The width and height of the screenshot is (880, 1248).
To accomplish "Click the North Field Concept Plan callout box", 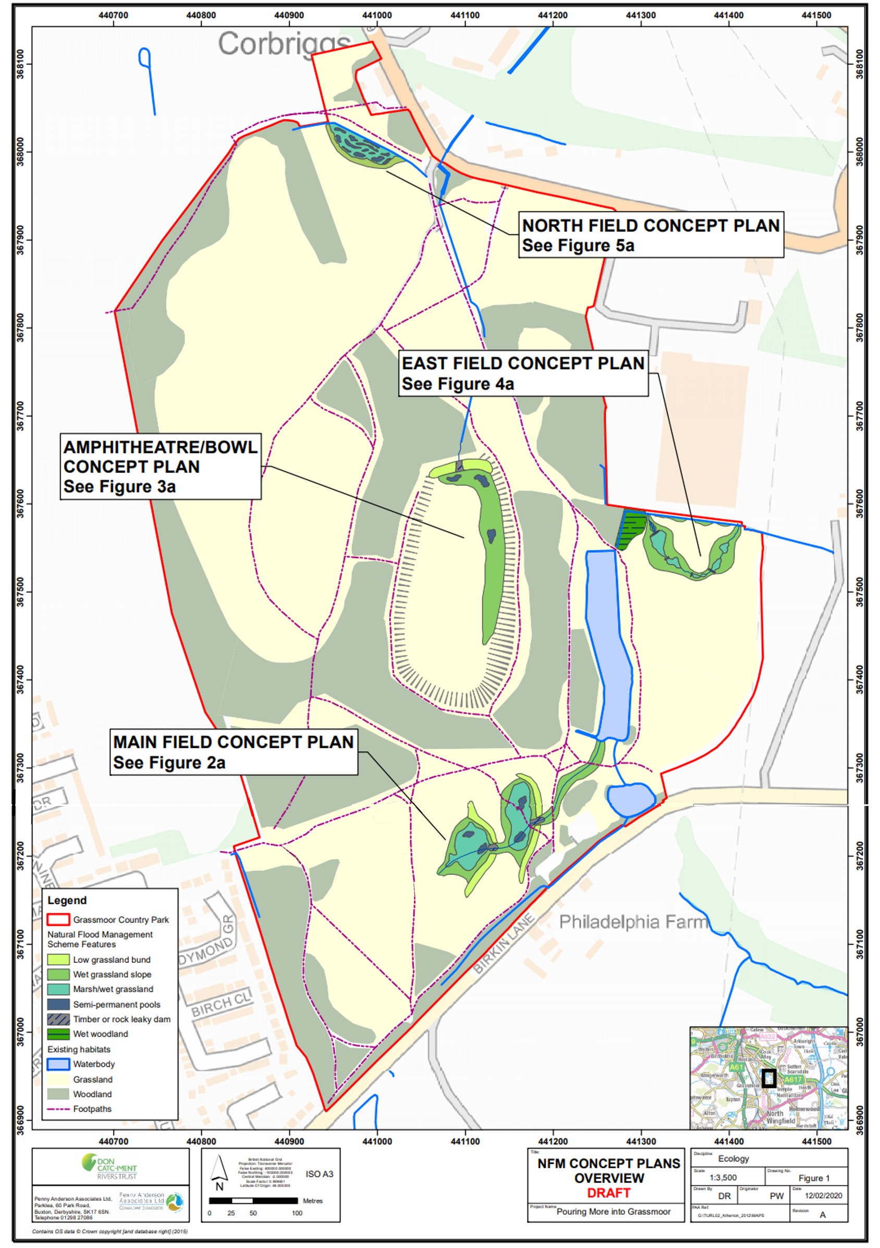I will click(650, 235).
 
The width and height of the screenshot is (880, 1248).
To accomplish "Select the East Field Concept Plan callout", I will click(523, 373).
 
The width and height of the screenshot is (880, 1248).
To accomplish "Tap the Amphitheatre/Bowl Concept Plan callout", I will click(161, 467).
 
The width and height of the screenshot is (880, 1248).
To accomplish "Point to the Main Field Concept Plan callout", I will click(234, 752).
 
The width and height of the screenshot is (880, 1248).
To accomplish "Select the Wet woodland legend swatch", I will click(58, 1034).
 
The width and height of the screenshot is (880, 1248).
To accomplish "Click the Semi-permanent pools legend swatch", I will click(58, 1004).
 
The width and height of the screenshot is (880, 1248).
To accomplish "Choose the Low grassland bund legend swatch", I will click(58, 959).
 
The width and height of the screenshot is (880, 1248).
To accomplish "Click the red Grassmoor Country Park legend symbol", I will click(58, 919).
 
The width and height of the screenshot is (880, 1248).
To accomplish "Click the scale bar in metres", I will click(253, 1200).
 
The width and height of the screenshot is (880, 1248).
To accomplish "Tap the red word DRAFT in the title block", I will click(608, 1193).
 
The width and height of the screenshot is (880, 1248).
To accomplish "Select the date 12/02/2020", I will click(823, 1196).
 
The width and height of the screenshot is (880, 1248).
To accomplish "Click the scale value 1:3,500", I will click(723, 1178).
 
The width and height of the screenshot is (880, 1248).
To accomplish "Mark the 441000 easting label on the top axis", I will click(377, 15).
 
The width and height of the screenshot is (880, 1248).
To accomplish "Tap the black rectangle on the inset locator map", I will click(768, 1078).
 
